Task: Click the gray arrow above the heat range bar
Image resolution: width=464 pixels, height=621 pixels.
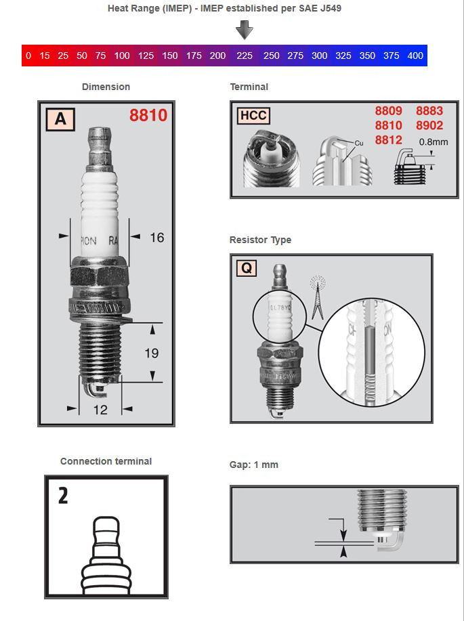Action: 245,30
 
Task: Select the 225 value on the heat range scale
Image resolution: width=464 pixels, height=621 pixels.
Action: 245,56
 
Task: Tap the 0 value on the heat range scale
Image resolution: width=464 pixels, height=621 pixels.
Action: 28,56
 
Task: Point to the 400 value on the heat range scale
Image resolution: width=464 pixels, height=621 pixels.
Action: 415,56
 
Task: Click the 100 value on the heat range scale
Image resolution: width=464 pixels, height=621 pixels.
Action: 122,56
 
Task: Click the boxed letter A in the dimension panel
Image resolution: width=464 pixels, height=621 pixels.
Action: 60,119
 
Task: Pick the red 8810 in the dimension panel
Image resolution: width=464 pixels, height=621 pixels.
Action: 148,116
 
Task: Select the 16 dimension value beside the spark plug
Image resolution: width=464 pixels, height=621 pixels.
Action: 156,237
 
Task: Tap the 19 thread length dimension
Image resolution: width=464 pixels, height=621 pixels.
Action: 151,353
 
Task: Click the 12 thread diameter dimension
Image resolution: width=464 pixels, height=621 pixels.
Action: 100,408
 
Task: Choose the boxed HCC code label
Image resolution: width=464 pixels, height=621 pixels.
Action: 253,115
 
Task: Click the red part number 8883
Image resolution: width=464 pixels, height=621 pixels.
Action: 429,111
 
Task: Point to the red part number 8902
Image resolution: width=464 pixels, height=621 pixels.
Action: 429,125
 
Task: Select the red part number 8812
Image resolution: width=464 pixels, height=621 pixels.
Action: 388,140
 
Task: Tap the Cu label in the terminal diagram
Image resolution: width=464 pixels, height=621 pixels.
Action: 359,144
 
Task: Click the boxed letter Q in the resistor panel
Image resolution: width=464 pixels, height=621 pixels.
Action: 247,269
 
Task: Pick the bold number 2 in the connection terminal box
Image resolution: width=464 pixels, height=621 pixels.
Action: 62,496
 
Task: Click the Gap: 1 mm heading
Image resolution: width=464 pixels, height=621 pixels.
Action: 254,465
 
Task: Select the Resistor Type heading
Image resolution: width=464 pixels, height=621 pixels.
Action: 261,240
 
